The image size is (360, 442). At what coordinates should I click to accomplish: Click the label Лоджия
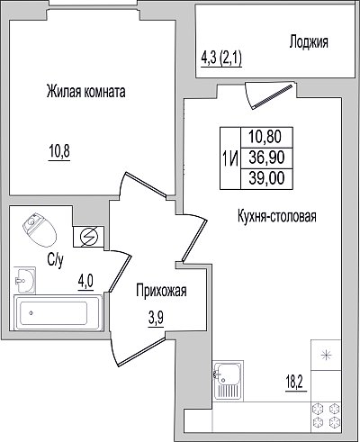pos(309,42)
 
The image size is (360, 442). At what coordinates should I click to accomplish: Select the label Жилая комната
pos(86,92)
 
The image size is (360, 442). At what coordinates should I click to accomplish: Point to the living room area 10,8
pos(59,151)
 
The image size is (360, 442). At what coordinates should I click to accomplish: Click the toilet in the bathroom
pos(40,230)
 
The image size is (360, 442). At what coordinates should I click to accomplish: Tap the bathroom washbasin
pos(25,280)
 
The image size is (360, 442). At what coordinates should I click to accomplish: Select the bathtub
pos(58,313)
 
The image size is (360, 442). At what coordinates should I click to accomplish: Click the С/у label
pos(55,260)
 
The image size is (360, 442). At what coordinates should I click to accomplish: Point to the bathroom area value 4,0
pos(85,283)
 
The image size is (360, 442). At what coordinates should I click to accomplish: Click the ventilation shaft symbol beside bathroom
pos(89,236)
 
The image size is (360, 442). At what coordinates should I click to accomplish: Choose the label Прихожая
pos(161,291)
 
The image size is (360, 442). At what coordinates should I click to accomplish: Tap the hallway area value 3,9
pos(156,319)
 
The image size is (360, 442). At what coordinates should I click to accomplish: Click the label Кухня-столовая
pos(277,216)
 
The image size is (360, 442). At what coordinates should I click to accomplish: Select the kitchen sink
pos(228,381)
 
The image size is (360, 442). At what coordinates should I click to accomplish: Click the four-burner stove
pos(326,417)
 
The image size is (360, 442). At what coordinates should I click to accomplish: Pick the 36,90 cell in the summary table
pos(266,158)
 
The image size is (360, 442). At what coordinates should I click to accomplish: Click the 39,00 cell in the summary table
pos(266,178)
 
